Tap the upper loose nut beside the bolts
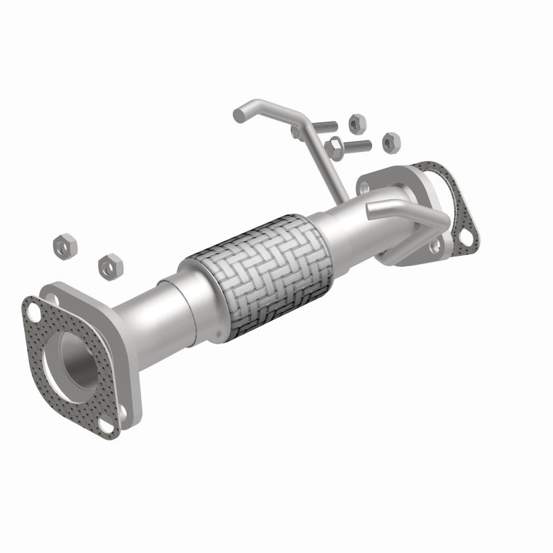point(355,122)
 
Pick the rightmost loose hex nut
point(391,142)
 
